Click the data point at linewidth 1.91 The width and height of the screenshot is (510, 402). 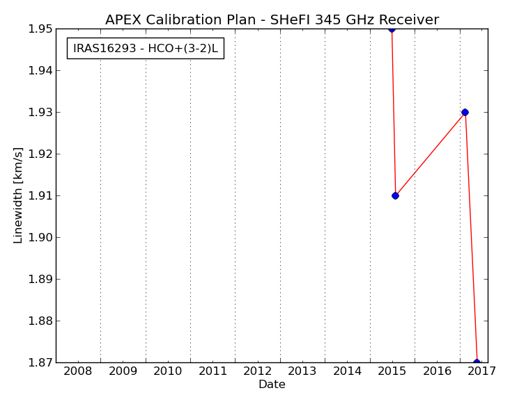(x=395, y=196)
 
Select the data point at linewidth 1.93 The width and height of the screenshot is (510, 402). (x=465, y=113)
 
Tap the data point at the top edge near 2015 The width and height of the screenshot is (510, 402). (x=392, y=29)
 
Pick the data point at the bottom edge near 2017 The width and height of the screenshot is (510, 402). (x=477, y=362)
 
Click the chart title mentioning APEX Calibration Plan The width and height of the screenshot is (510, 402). (x=272, y=19)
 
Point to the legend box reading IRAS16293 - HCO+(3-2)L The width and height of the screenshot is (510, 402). (x=146, y=49)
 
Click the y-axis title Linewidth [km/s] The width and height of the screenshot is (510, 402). (x=18, y=195)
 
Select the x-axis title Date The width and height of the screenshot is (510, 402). (x=272, y=385)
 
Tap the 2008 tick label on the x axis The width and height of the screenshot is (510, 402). (x=78, y=371)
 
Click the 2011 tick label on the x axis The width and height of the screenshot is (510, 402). (x=212, y=371)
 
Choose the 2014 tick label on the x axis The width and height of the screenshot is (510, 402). (x=348, y=371)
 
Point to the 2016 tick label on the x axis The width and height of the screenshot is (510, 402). (x=437, y=371)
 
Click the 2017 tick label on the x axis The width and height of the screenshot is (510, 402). (x=481, y=371)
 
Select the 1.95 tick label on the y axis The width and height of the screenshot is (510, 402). (x=40, y=29)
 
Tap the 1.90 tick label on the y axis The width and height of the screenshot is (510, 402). (x=40, y=237)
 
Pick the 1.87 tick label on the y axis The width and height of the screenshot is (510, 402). (x=40, y=362)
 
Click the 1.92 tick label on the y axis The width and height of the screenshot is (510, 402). (x=40, y=154)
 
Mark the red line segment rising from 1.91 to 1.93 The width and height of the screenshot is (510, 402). (x=430, y=154)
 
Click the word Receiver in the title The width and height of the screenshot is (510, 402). (x=409, y=19)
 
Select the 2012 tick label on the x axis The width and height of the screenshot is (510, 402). (x=258, y=371)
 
